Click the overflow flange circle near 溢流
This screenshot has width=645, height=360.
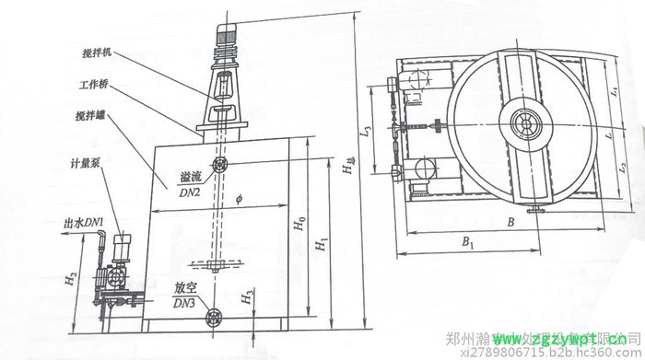tap(220, 166)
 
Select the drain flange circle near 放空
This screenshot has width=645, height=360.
tap(217, 318)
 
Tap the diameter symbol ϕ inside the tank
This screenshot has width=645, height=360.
tap(237, 201)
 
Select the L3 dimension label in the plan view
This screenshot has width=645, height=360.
tap(366, 135)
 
